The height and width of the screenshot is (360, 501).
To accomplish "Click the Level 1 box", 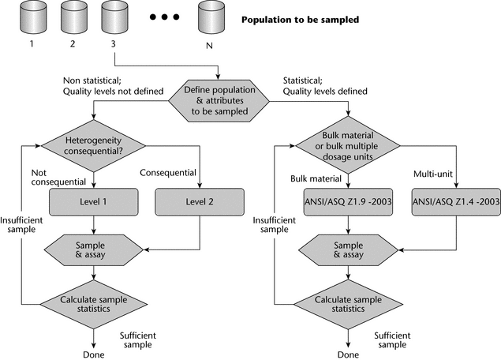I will [x=94, y=202].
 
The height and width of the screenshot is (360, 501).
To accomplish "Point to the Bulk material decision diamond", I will [x=347, y=145].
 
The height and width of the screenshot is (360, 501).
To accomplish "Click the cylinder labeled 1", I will [x=32, y=17].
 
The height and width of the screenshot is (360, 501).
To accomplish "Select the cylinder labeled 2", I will [x=72, y=17].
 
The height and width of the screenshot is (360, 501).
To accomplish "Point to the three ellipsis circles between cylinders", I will [x=159, y=17].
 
